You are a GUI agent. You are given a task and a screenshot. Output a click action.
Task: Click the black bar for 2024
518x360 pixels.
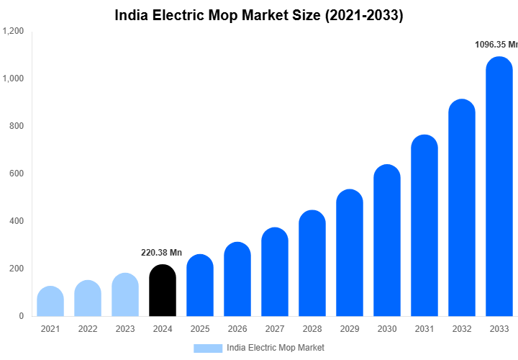pyautogui.click(x=163, y=291)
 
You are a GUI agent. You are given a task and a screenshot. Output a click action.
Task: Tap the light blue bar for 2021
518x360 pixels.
pyautogui.click(x=50, y=302)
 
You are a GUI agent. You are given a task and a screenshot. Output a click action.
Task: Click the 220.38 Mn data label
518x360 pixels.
pyautogui.click(x=161, y=253)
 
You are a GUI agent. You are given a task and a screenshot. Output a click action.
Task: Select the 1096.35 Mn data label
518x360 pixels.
pyautogui.click(x=496, y=45)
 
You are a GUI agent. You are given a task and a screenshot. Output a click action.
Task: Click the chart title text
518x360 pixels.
pyautogui.click(x=259, y=15)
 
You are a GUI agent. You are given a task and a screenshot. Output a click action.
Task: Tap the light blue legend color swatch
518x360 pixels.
pyautogui.click(x=208, y=348)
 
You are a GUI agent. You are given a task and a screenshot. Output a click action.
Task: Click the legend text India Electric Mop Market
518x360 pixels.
pyautogui.click(x=276, y=348)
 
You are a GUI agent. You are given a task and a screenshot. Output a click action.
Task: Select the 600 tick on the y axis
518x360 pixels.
pyautogui.click(x=16, y=174)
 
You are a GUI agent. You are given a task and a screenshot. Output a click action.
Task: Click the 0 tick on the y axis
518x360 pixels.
pyautogui.click(x=21, y=316)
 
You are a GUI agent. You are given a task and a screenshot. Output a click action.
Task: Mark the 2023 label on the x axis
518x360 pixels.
pyautogui.click(x=125, y=329)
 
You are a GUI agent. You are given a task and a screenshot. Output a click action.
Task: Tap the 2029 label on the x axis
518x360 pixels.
pyautogui.click(x=350, y=329)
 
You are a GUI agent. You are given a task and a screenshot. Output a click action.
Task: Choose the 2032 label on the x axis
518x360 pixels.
pyautogui.click(x=462, y=329)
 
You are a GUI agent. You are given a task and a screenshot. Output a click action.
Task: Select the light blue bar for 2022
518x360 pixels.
pyautogui.click(x=88, y=298)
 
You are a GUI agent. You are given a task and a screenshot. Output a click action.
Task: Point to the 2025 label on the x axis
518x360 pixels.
pyautogui.click(x=200, y=329)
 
